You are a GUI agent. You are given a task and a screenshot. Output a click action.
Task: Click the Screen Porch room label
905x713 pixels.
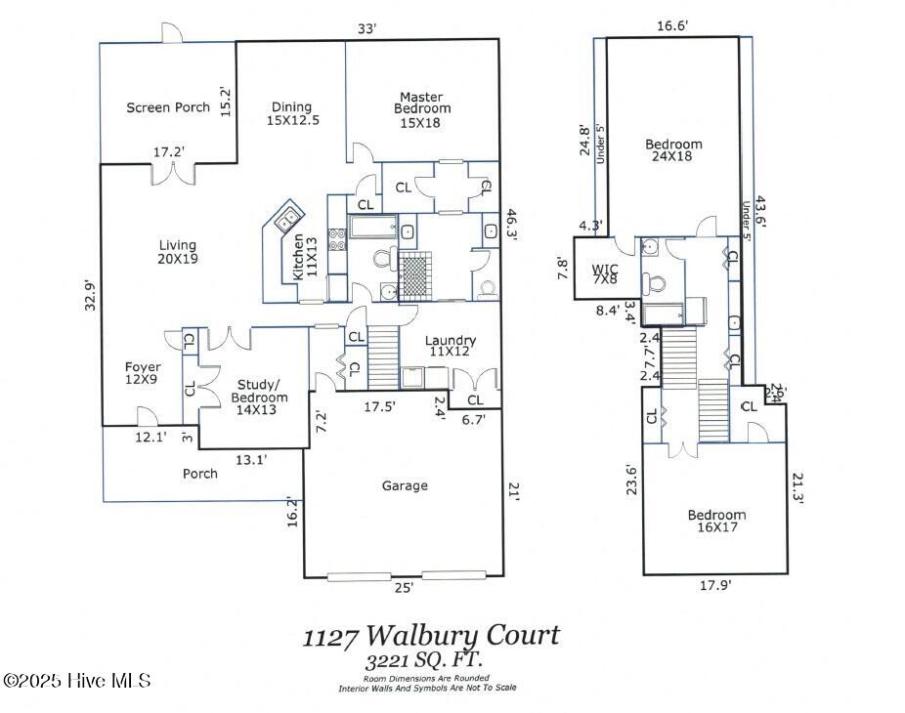[x=168, y=107]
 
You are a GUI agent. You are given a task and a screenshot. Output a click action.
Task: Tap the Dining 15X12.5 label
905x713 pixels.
[x=291, y=113]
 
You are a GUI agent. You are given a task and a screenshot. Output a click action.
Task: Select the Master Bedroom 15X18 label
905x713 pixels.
[x=421, y=109]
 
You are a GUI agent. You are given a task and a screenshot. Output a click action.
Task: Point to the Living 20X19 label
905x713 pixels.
[x=177, y=252]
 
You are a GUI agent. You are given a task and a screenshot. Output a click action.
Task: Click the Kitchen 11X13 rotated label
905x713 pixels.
[x=305, y=259]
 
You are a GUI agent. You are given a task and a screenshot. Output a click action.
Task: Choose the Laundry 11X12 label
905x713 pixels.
[x=451, y=346]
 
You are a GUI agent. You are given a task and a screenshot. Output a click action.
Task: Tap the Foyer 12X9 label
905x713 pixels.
[x=143, y=374]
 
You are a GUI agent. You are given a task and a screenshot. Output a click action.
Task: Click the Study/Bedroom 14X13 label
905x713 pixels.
[x=259, y=391]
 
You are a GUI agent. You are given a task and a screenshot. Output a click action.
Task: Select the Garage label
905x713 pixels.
[x=405, y=485]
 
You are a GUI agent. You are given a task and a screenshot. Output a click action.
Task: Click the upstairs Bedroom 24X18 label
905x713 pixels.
[x=673, y=151]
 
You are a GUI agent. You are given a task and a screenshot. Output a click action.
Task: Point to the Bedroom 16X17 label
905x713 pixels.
[x=716, y=522]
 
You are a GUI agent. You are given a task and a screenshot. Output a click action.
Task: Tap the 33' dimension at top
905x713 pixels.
[x=366, y=29]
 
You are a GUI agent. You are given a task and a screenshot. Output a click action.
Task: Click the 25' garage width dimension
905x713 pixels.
[x=403, y=588]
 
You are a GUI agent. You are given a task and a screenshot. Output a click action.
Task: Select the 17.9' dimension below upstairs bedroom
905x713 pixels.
[x=713, y=586]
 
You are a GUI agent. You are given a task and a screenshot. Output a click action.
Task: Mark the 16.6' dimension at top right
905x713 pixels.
[x=672, y=27]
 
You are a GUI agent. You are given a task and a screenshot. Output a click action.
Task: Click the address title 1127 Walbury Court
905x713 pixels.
[x=431, y=636]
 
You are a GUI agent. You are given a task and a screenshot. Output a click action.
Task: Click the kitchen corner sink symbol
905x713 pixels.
[x=288, y=220]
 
